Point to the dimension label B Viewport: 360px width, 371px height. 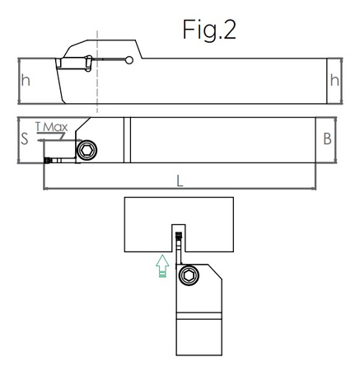[327, 139]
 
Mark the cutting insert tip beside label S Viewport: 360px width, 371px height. [48, 160]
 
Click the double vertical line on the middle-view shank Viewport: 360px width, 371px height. [126, 140]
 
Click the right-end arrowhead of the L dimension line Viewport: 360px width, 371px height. [313, 189]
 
